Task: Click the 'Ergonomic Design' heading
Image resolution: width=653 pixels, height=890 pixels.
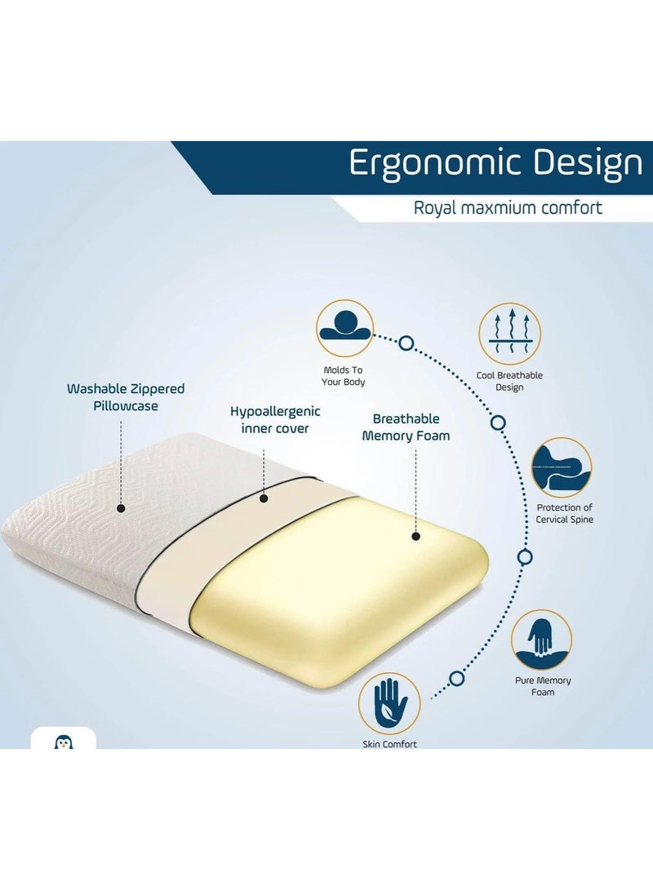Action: point(495,163)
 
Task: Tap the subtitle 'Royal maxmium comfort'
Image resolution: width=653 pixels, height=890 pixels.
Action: point(508,207)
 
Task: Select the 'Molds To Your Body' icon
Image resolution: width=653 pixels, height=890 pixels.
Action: point(344,329)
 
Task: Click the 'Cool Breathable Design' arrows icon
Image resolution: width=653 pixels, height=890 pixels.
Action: point(509,334)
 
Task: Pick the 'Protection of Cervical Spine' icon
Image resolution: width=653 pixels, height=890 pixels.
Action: point(562,467)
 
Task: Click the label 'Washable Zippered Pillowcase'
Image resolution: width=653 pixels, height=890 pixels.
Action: point(126,397)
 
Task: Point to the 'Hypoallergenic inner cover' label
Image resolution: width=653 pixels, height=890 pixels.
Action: point(275,420)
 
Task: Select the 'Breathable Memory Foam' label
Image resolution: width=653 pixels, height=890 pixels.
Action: point(406,427)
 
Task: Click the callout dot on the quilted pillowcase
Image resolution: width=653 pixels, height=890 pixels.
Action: point(121,508)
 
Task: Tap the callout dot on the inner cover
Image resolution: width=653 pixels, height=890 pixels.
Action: point(264,498)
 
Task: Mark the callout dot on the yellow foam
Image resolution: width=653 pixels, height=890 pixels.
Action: point(416,536)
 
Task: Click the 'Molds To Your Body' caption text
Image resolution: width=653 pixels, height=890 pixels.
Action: point(343,376)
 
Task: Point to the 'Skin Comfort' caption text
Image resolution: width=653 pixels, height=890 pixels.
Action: point(389,743)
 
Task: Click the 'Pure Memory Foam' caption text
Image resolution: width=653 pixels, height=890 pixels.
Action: point(543,686)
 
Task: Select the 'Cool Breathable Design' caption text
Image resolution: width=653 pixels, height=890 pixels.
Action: point(509,382)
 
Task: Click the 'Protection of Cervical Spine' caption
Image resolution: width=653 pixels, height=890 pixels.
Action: point(564,514)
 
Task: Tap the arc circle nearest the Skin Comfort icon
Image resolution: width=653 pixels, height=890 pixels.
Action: point(456,678)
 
